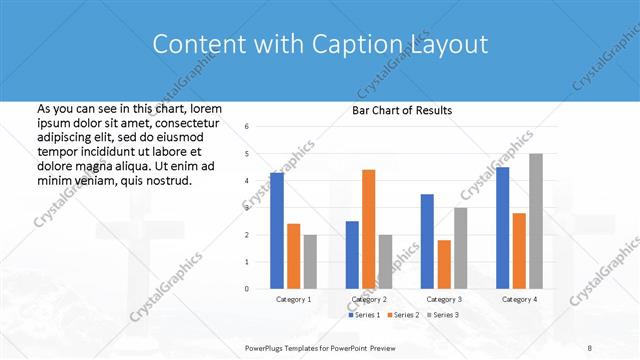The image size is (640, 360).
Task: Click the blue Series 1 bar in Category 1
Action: tap(277, 231)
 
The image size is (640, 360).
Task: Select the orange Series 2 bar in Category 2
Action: tap(368, 229)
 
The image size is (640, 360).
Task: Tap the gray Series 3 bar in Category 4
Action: tap(536, 221)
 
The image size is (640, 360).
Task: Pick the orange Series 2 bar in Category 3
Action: tap(444, 264)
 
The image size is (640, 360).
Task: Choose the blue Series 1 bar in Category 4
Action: tap(502, 228)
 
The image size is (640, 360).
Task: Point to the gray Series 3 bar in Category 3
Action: tap(460, 248)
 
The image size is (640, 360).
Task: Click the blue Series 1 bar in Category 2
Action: tap(352, 255)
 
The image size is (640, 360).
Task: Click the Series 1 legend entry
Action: tap(365, 315)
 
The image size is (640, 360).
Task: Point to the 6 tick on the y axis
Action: tap(247, 127)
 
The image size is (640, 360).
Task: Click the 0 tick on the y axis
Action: tap(247, 289)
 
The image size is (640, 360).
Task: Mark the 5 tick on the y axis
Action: tap(247, 154)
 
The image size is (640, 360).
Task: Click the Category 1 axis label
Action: tap(293, 299)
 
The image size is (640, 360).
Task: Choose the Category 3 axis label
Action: tap(444, 299)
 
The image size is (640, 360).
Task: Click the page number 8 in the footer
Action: tap(590, 347)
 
